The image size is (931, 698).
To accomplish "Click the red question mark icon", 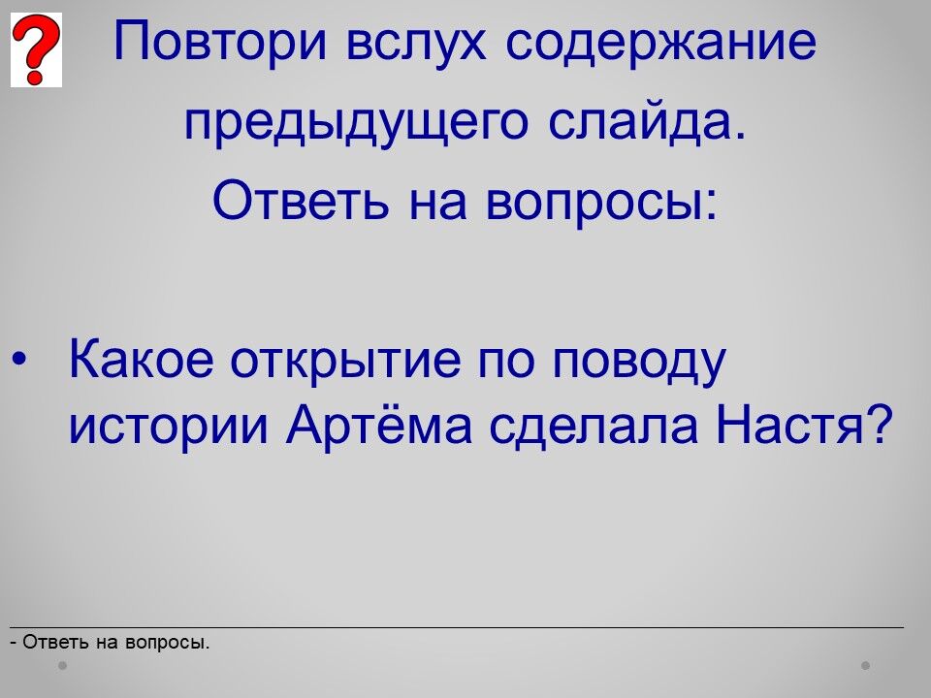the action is point(36,49).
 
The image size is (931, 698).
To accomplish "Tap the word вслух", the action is point(416,42).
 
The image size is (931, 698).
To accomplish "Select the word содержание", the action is point(661,42).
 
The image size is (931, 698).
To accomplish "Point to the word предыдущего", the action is point(356,122).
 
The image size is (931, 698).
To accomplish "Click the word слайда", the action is point(647,122).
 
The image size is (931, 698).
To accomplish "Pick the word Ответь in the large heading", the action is point(301,200).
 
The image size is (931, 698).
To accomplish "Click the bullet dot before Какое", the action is point(19,359).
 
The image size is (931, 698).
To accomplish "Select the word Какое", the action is point(142,359).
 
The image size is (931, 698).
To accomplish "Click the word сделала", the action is point(594,425).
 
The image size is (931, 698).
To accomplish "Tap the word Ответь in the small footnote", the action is point(56,642).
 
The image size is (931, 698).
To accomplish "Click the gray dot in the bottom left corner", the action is point(62,665).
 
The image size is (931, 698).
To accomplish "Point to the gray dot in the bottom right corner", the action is point(866,665).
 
